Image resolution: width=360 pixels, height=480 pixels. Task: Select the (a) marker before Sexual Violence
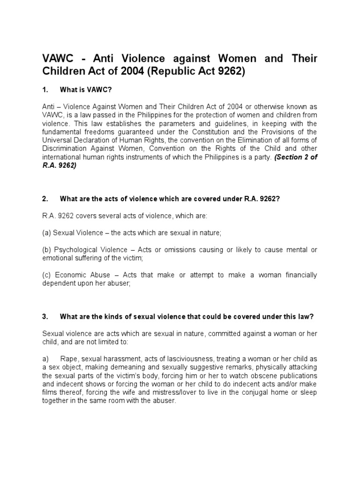tap(47, 232)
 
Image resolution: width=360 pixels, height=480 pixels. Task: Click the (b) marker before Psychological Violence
tap(47, 250)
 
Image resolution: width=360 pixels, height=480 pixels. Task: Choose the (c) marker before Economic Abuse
tap(47, 275)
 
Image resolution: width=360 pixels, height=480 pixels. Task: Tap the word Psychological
tap(77, 250)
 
